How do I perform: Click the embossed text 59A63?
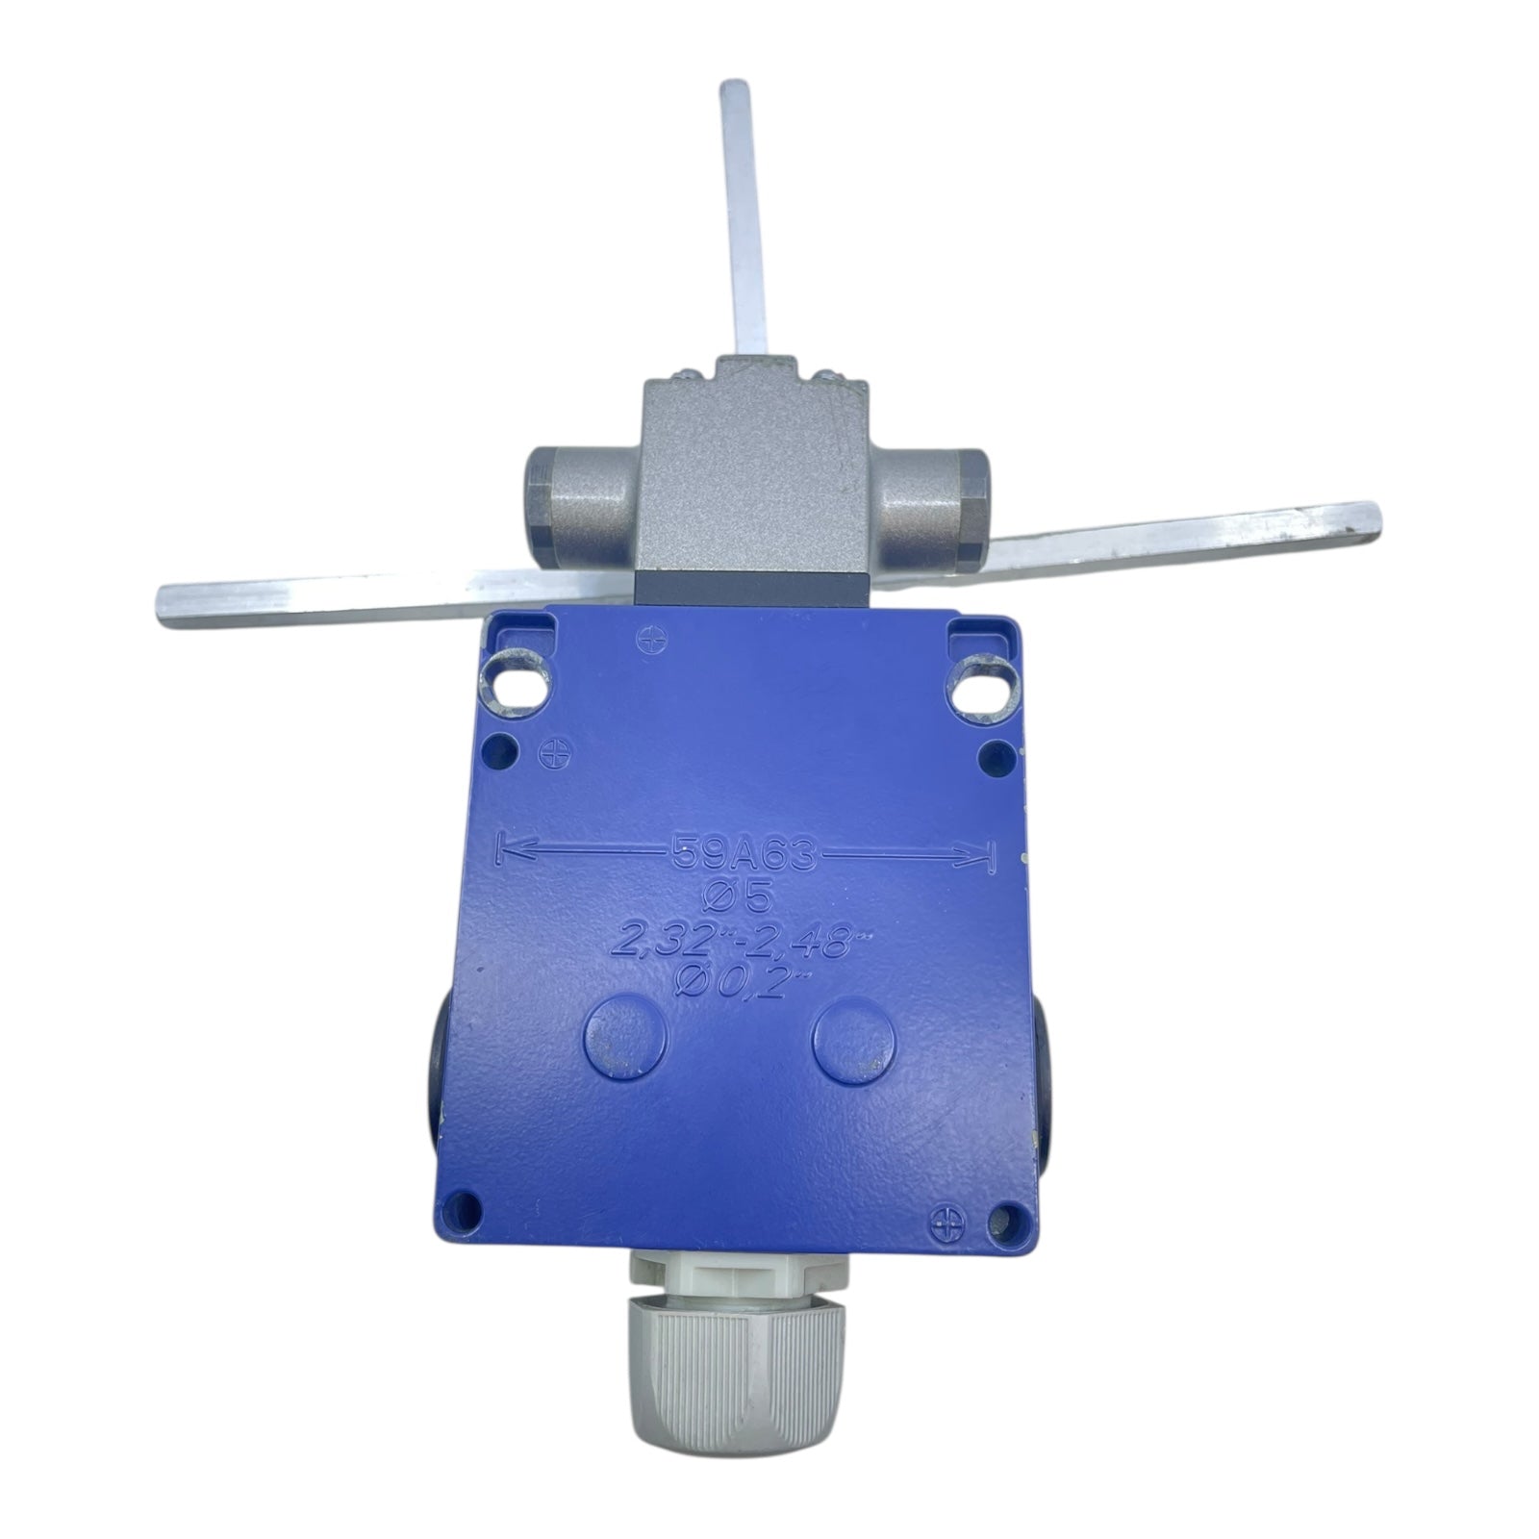(x=743, y=853)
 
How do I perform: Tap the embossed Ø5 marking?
(x=743, y=897)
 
